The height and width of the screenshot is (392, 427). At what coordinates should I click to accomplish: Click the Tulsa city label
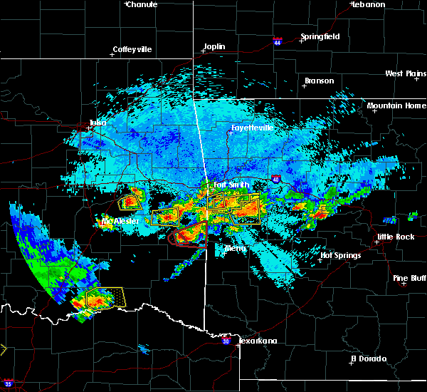click(x=97, y=123)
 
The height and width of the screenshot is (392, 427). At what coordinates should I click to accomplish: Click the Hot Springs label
click(x=340, y=255)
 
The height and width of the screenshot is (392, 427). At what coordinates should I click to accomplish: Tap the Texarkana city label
click(x=258, y=341)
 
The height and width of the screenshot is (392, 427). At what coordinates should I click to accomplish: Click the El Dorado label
click(x=368, y=359)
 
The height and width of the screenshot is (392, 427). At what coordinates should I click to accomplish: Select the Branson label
click(x=319, y=81)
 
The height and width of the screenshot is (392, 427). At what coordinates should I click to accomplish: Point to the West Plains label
click(x=404, y=73)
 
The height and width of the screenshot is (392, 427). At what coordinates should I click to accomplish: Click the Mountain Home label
click(x=396, y=106)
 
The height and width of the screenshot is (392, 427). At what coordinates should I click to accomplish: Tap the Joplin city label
click(x=214, y=47)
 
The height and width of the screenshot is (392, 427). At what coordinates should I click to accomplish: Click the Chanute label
click(x=142, y=4)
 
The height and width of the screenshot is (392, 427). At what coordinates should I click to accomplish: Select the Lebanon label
click(x=369, y=4)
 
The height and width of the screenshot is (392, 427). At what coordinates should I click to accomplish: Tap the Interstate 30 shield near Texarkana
click(x=226, y=342)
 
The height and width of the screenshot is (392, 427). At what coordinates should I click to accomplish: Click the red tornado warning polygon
click(x=189, y=236)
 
